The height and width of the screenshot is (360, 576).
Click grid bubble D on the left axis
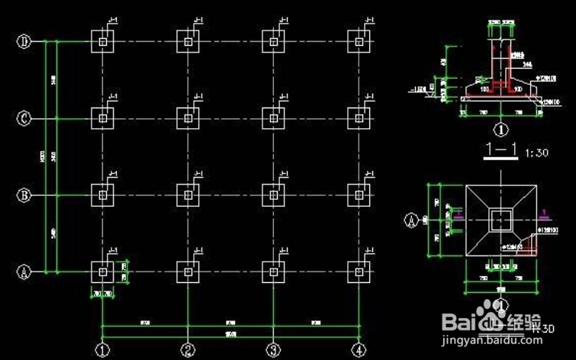(x=24, y=42)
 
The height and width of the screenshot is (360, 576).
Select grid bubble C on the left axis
(x=24, y=118)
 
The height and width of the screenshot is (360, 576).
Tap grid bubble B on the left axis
(x=24, y=195)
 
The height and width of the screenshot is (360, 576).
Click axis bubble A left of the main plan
(x=24, y=271)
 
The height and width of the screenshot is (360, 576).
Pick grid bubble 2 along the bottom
(x=188, y=350)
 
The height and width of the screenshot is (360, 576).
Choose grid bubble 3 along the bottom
(x=273, y=350)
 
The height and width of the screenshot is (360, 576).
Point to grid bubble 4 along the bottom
(x=358, y=350)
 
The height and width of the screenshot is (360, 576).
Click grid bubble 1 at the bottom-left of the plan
(x=102, y=350)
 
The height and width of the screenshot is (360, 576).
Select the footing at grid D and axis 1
(x=102, y=42)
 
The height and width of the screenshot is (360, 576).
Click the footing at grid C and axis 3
(x=273, y=117)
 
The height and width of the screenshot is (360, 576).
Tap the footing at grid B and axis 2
(x=188, y=194)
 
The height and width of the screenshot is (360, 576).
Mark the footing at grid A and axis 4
(x=358, y=271)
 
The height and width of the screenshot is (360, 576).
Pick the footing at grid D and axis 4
(x=358, y=42)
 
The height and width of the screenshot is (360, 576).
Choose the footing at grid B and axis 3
(x=273, y=194)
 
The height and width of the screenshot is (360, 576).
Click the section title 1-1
(x=501, y=153)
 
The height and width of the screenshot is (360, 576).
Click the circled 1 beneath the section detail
(x=501, y=130)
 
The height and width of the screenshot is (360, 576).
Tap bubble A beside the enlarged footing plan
(x=410, y=220)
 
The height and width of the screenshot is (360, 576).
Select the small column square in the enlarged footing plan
(x=501, y=220)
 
